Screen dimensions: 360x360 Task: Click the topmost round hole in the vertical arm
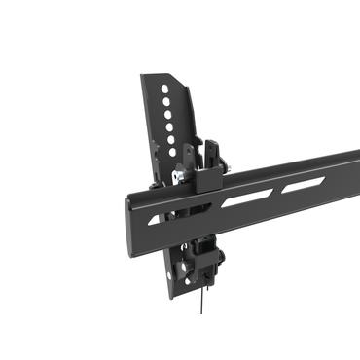[165, 89]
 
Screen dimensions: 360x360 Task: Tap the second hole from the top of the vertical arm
[167, 101]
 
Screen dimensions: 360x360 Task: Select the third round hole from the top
[168, 114]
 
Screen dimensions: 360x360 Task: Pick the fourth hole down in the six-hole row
[170, 126]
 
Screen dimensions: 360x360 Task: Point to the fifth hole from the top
[171, 138]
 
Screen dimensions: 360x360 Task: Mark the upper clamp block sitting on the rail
[205, 178]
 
